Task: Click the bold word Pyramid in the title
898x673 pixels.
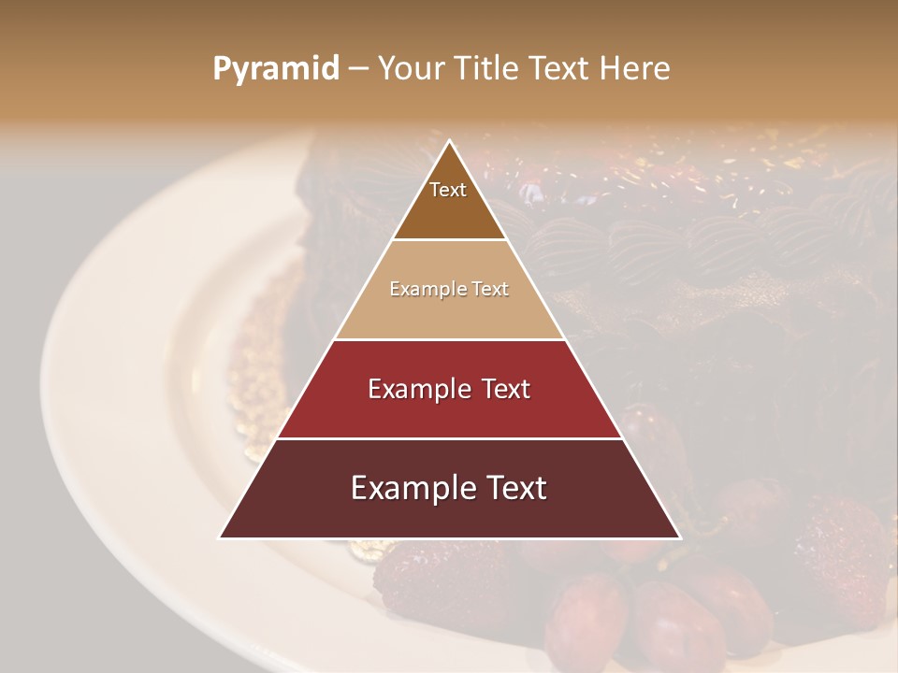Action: coord(276,69)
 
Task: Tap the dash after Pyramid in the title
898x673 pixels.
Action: coord(358,69)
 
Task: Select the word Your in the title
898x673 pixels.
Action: coord(413,69)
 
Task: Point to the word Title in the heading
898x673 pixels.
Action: coord(488,69)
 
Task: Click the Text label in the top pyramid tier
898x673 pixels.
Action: coord(448,190)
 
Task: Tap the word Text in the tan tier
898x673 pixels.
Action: coord(490,290)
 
